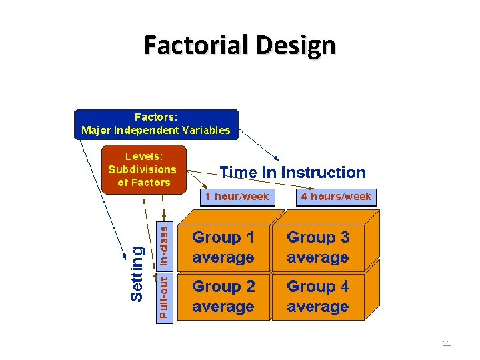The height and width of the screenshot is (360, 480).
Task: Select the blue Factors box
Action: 156,124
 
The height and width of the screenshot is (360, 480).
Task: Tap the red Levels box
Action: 143,170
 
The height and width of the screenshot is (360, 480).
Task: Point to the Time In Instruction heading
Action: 293,173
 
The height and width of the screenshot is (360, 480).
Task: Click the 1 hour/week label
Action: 237,197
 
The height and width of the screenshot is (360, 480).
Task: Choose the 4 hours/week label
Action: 336,197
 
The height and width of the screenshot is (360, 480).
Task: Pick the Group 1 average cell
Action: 223,247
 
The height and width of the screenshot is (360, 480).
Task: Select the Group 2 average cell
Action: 223,297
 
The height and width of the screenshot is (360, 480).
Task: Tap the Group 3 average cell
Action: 318,247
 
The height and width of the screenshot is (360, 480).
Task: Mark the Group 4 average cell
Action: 318,297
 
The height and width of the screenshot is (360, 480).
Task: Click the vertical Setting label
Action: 136,273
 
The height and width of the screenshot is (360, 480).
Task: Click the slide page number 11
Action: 447,343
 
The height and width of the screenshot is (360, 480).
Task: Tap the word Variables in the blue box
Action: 205,131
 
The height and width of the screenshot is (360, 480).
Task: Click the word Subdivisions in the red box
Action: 143,169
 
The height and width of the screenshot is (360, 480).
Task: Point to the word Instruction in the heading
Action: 323,173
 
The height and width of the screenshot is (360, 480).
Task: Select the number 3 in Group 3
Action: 343,237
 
